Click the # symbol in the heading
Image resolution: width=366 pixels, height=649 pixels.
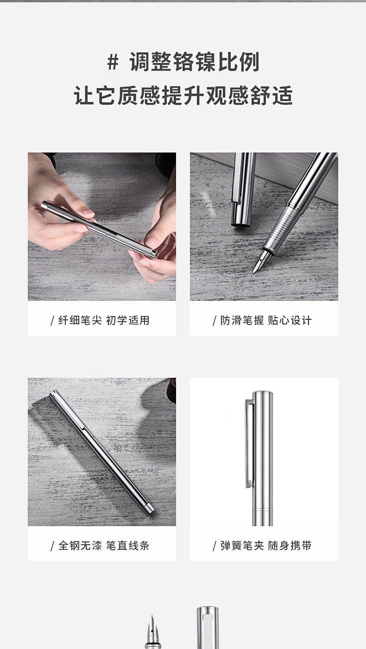(x=113, y=62)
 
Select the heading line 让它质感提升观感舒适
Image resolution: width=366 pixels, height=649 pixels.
(x=183, y=95)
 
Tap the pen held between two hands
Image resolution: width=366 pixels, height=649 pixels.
(x=100, y=228)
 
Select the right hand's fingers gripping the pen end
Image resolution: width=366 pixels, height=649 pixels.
(x=153, y=250)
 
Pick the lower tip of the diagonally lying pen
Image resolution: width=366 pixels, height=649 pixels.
(x=151, y=511)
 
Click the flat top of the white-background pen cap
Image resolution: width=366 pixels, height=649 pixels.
(x=263, y=394)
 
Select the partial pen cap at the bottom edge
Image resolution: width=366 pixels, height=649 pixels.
(x=208, y=628)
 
